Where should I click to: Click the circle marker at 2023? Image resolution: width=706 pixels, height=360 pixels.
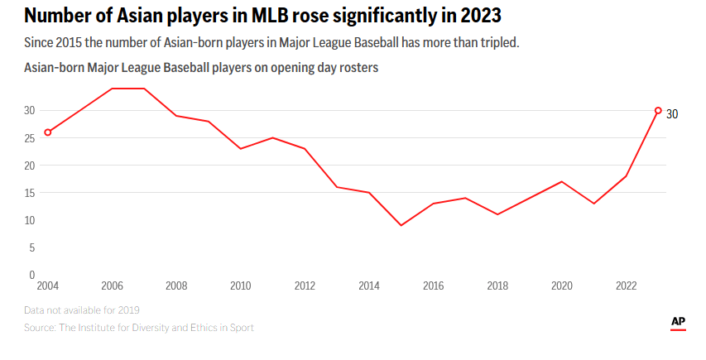[658, 110]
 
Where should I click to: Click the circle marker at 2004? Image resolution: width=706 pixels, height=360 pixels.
[48, 132]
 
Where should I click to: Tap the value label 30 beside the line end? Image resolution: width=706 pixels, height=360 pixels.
[672, 114]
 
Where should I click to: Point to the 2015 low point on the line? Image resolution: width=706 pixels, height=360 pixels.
[401, 225]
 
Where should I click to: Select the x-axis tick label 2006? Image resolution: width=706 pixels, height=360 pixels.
[112, 286]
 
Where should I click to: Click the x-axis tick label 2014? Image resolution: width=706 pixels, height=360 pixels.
[369, 286]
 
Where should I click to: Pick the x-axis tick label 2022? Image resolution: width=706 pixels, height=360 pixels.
[626, 286]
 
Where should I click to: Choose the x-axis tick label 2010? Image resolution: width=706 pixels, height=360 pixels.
[240, 286]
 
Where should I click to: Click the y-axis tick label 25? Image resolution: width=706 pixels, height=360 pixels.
[29, 138]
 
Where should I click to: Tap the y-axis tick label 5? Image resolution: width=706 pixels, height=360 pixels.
[31, 247]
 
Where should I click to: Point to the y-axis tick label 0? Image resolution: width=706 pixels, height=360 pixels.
[31, 275]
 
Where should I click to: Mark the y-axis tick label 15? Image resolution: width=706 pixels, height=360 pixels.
[29, 193]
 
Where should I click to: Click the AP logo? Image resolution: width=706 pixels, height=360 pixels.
[678, 322]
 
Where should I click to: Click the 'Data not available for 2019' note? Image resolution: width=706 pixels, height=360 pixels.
[82, 310]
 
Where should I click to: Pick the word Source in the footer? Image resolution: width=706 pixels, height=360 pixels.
[40, 328]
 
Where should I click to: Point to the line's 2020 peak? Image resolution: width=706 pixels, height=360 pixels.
[562, 181]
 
